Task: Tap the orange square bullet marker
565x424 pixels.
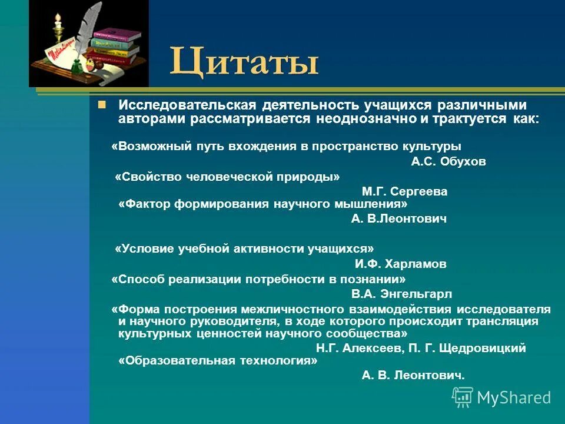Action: point(102,105)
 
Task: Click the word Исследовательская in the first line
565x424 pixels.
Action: point(187,105)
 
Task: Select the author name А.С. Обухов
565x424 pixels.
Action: point(448,161)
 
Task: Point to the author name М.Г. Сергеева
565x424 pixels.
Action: point(404,191)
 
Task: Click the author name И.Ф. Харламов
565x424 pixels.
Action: point(400,264)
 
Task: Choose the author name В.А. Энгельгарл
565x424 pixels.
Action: point(401,294)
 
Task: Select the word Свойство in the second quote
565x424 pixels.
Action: point(145,177)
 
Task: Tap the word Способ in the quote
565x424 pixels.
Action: point(139,279)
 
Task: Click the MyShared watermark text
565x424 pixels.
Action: point(514,397)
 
